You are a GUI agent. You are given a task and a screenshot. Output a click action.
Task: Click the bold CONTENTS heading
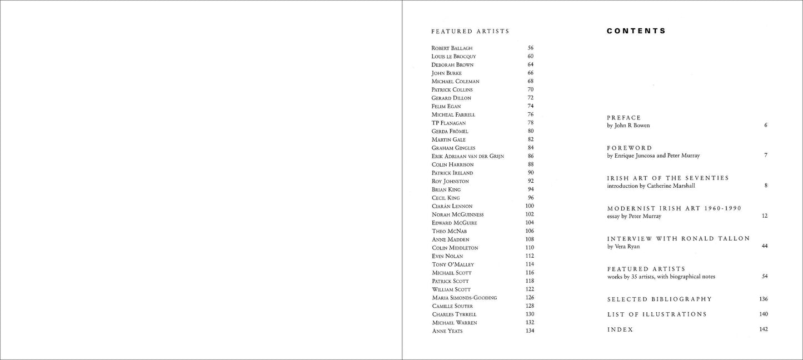(636, 32)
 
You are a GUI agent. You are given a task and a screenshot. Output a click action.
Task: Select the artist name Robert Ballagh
(451, 48)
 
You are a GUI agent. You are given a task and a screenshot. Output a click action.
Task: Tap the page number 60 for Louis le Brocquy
(530, 57)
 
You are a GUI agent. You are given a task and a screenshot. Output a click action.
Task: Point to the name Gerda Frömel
(450, 132)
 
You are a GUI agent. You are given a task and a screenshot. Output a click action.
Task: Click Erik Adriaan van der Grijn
(467, 157)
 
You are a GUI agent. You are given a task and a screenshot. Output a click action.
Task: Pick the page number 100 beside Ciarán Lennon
(529, 206)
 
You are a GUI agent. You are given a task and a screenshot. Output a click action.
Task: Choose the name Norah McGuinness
(457, 214)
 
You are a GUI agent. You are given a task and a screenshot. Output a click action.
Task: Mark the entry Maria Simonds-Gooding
(464, 298)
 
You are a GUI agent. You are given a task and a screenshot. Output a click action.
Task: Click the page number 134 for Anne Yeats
(529, 331)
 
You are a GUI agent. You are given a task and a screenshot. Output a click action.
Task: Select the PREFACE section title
(624, 118)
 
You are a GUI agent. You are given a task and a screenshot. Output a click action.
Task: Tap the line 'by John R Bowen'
(628, 126)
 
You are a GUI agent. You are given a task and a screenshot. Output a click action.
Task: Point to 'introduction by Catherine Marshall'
(651, 186)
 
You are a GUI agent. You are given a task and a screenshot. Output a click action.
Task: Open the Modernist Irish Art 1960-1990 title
(674, 208)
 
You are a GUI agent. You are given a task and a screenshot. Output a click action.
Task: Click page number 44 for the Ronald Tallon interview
(765, 246)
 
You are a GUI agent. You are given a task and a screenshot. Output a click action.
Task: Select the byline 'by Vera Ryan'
(623, 246)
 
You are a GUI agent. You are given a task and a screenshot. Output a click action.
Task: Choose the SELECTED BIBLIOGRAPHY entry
(659, 299)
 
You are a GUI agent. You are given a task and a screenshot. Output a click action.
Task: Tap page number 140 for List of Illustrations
(763, 314)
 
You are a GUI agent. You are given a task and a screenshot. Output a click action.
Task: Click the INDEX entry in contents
(620, 329)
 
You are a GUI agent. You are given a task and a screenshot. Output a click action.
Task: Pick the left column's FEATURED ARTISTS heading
(470, 32)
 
